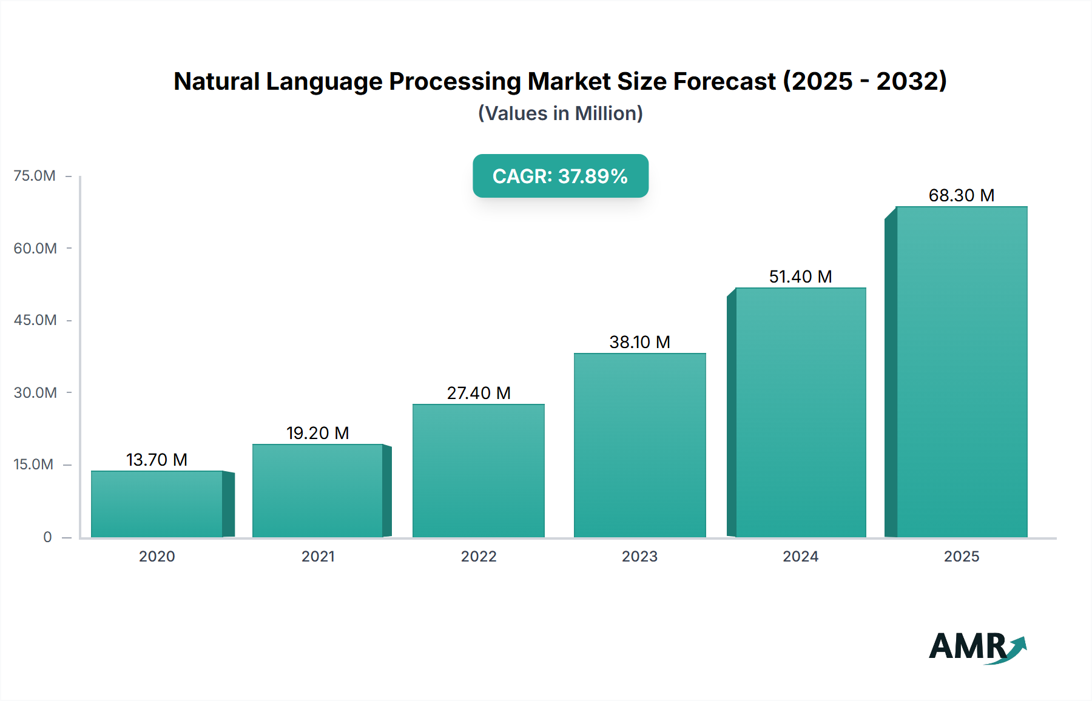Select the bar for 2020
157,504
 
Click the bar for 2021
318,491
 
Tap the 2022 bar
479,471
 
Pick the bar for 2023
640,445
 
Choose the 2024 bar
801,412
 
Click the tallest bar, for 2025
962,372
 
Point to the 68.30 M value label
962,195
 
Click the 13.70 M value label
157,460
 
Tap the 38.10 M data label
640,342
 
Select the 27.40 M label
479,393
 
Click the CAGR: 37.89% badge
561,176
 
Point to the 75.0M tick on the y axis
35,176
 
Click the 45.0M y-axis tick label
35,320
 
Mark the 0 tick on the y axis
47,537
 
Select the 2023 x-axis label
639,556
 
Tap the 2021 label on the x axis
318,556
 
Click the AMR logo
977,646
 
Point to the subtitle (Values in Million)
561,113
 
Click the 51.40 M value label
801,277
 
